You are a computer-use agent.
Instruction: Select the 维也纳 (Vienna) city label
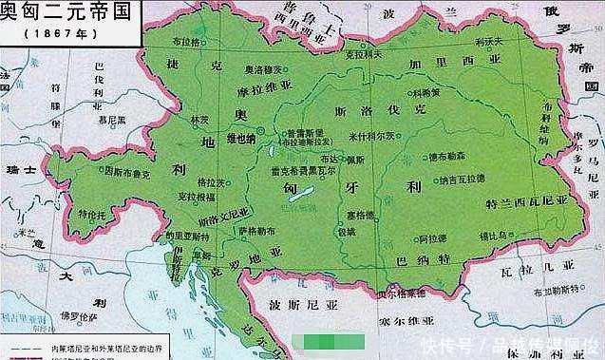pos(242,138)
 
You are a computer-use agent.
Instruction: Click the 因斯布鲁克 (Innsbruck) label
pos(126,172)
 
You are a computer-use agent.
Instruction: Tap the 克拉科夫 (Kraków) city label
pos(362,56)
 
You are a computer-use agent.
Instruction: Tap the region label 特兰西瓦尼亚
pos(525,202)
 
